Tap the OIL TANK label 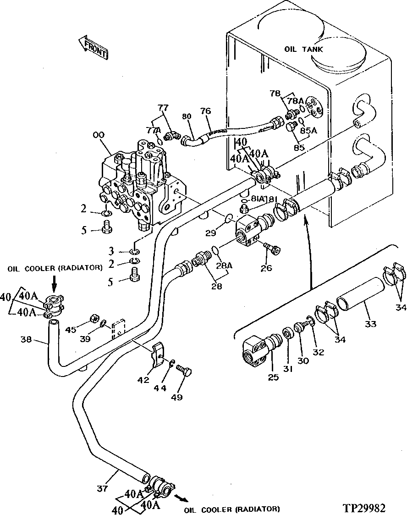click(303, 49)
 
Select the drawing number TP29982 click(363, 508)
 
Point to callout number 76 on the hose click(206, 112)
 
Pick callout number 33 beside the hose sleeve click(371, 324)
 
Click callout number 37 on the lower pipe click(103, 489)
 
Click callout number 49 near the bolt click(176, 397)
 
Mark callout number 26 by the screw click(266, 268)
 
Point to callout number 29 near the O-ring click(210, 233)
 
